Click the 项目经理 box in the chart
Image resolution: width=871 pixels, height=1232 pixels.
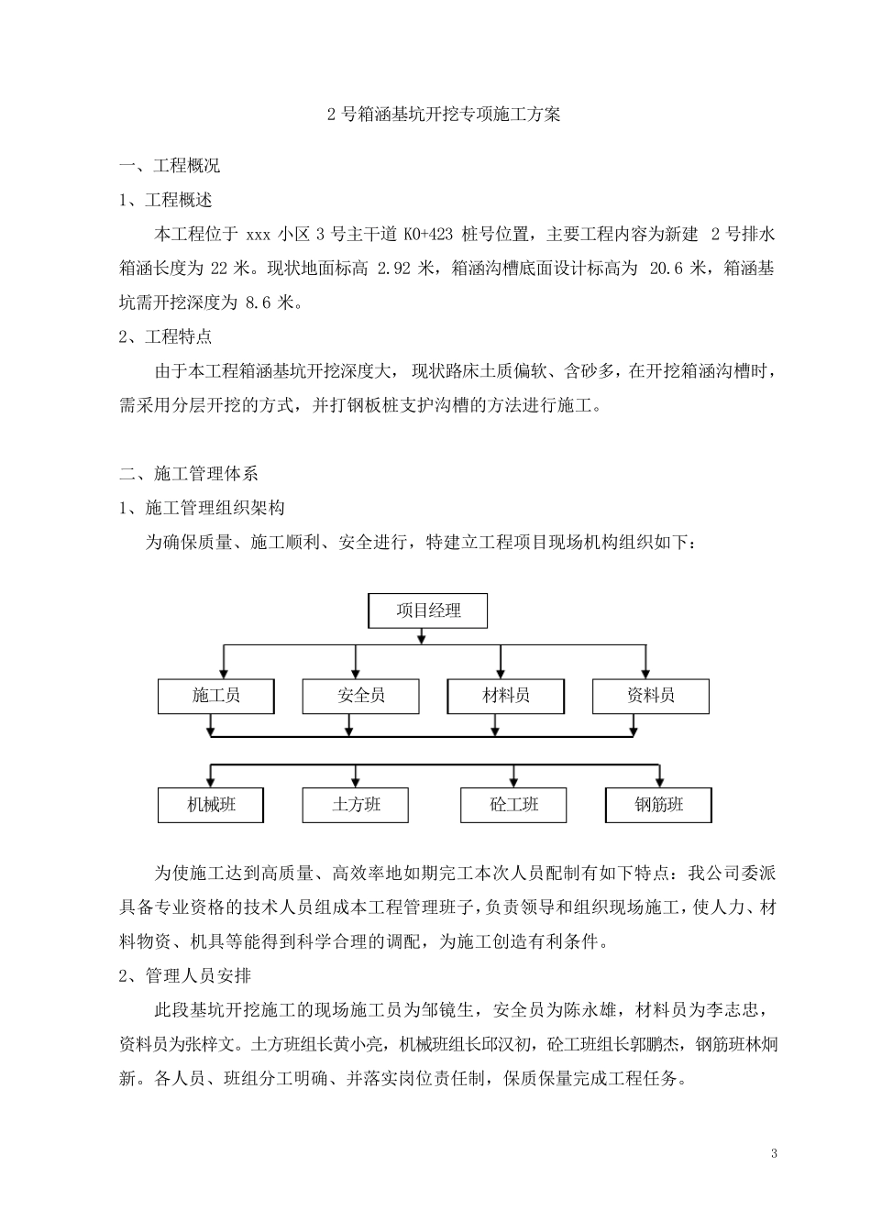pos(427,610)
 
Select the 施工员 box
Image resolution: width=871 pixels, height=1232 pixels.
pos(216,697)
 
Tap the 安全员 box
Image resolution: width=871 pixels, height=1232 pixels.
pos(360,697)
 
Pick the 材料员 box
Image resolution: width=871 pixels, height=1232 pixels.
pos(505,697)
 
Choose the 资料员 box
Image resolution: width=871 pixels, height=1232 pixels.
pos(650,697)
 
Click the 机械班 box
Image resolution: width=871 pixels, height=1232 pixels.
pos(211,805)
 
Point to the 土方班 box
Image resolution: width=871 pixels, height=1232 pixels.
pos(355,805)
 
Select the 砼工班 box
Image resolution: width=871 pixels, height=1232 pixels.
pos(513,805)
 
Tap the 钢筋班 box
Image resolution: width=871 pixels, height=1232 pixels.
pos(658,805)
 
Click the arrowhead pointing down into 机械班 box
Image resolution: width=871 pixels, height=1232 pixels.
pos(211,782)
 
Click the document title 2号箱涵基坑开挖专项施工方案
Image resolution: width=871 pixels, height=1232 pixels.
pos(444,115)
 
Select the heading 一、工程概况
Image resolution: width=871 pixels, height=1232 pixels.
pos(170,167)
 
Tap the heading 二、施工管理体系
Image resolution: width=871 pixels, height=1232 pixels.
pos(189,474)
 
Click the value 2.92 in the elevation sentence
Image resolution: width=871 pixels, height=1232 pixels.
pos(395,269)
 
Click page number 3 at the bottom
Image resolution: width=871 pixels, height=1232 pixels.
pos(774,1152)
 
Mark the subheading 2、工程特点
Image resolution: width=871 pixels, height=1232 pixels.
pos(166,337)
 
